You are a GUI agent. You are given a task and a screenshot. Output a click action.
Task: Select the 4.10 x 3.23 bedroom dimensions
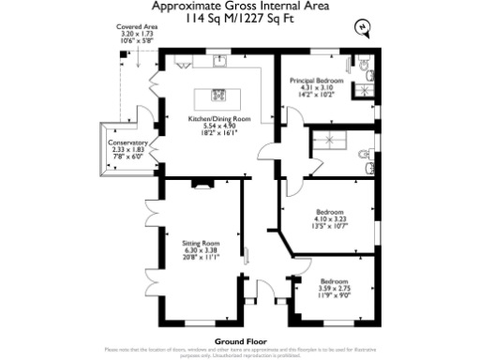(x=330, y=218)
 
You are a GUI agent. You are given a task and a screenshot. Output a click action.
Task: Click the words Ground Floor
(x=239, y=340)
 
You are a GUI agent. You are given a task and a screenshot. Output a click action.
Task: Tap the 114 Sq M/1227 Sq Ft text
(x=239, y=17)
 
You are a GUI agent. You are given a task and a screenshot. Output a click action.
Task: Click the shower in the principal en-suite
(x=365, y=90)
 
